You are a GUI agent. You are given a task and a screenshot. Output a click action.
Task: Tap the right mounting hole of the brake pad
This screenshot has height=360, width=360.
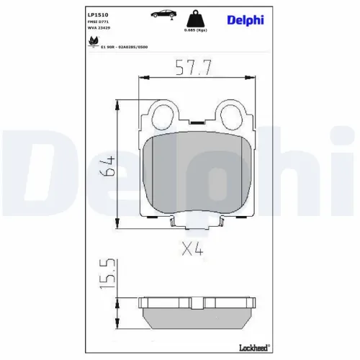tap(231, 114)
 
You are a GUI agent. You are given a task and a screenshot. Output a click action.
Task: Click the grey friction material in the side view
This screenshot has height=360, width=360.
tap(194, 317)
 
